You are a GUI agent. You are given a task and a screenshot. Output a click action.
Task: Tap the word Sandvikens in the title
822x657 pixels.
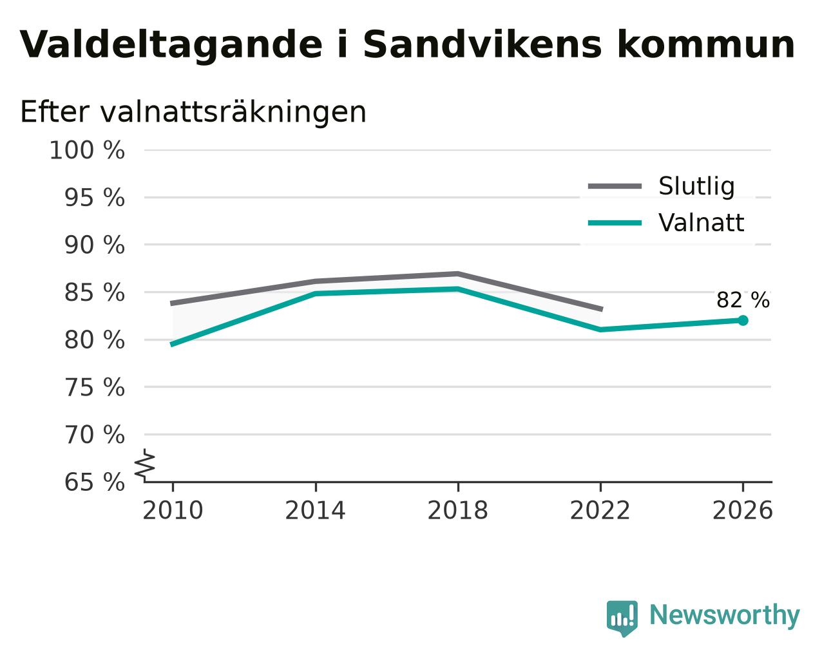coord(483,44)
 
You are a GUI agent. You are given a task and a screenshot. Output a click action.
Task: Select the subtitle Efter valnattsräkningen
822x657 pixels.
coord(193,112)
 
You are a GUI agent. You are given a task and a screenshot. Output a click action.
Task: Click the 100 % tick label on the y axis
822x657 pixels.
coord(87,150)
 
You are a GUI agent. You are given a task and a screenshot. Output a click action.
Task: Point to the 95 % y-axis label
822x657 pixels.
coord(94,198)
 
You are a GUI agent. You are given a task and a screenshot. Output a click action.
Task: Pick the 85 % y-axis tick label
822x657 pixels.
coord(94,293)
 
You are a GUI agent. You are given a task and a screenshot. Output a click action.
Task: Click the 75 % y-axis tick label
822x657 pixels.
coord(94,388)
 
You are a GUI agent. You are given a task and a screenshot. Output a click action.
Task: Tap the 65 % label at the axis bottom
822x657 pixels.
coord(94,482)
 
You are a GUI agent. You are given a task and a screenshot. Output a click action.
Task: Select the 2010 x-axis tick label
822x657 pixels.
coord(173,511)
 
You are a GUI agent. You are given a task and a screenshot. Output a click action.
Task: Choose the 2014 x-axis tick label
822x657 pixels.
coord(315,511)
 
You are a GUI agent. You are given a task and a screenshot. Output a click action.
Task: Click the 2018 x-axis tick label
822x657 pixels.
coord(457,511)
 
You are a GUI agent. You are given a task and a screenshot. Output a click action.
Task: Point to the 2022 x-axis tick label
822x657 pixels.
coord(600,511)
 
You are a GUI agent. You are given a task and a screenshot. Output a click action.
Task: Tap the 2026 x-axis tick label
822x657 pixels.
coord(743,511)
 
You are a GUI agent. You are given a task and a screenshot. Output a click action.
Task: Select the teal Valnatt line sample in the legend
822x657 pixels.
coord(615,223)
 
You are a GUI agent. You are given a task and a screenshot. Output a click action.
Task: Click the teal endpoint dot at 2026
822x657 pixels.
coord(743,321)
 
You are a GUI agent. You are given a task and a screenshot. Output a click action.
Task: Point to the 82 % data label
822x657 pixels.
coord(743,300)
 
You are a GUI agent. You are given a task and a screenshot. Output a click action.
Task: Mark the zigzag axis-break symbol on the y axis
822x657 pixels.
coord(145,465)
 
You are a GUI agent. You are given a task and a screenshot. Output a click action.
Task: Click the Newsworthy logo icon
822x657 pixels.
coord(622,618)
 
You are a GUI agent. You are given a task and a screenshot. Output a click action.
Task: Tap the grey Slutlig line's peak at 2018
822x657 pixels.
coord(457,274)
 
